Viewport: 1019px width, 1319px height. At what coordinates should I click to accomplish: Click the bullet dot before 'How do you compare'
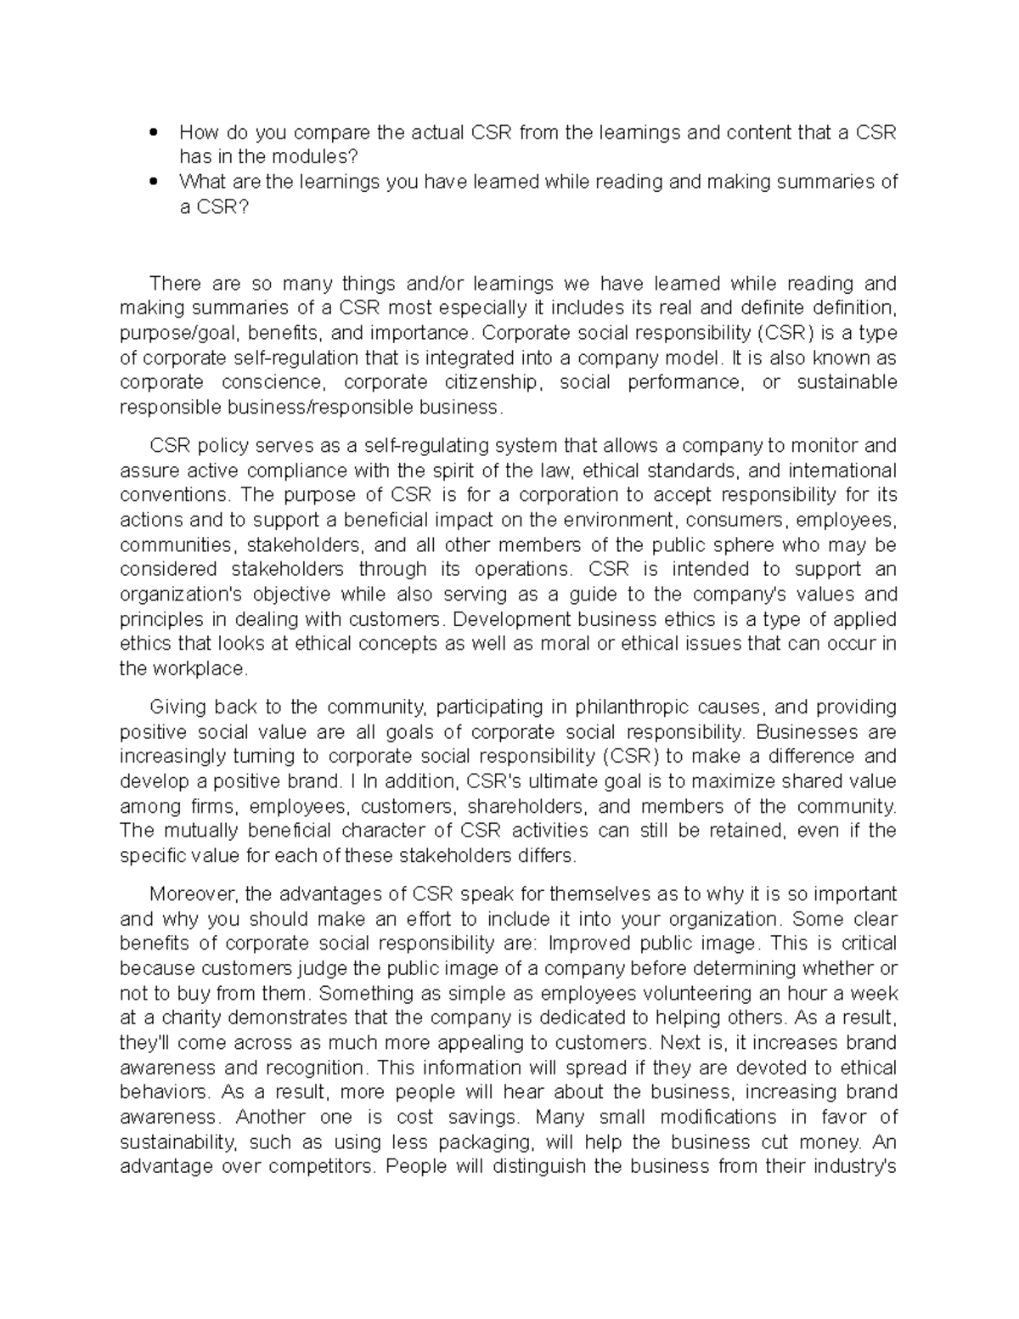click(153, 132)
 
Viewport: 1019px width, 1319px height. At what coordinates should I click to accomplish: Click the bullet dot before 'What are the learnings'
click(153, 182)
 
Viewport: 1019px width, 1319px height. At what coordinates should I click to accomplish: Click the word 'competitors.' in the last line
click(321, 1166)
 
